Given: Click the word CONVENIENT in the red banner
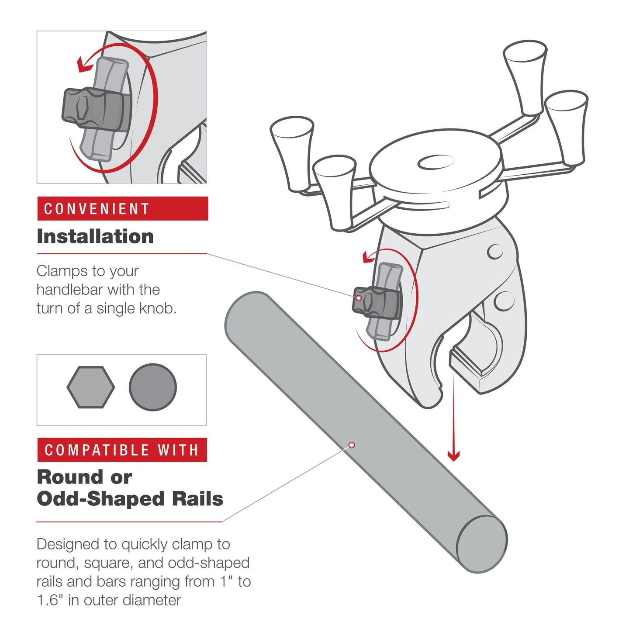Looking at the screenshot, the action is pos(97,209).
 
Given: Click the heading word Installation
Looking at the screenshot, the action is pos(95,236).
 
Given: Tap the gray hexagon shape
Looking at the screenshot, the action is pos(91,387).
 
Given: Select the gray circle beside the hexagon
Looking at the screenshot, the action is pos(153,387).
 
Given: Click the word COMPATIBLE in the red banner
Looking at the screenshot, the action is pos(97,450).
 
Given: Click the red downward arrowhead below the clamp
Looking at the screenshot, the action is pos(453,456).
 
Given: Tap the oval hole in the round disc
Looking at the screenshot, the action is pos(436,162).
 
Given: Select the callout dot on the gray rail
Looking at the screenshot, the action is pos(352,445).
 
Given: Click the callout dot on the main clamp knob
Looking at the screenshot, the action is pos(359,298).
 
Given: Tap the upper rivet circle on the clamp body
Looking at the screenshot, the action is pos(495,251).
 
